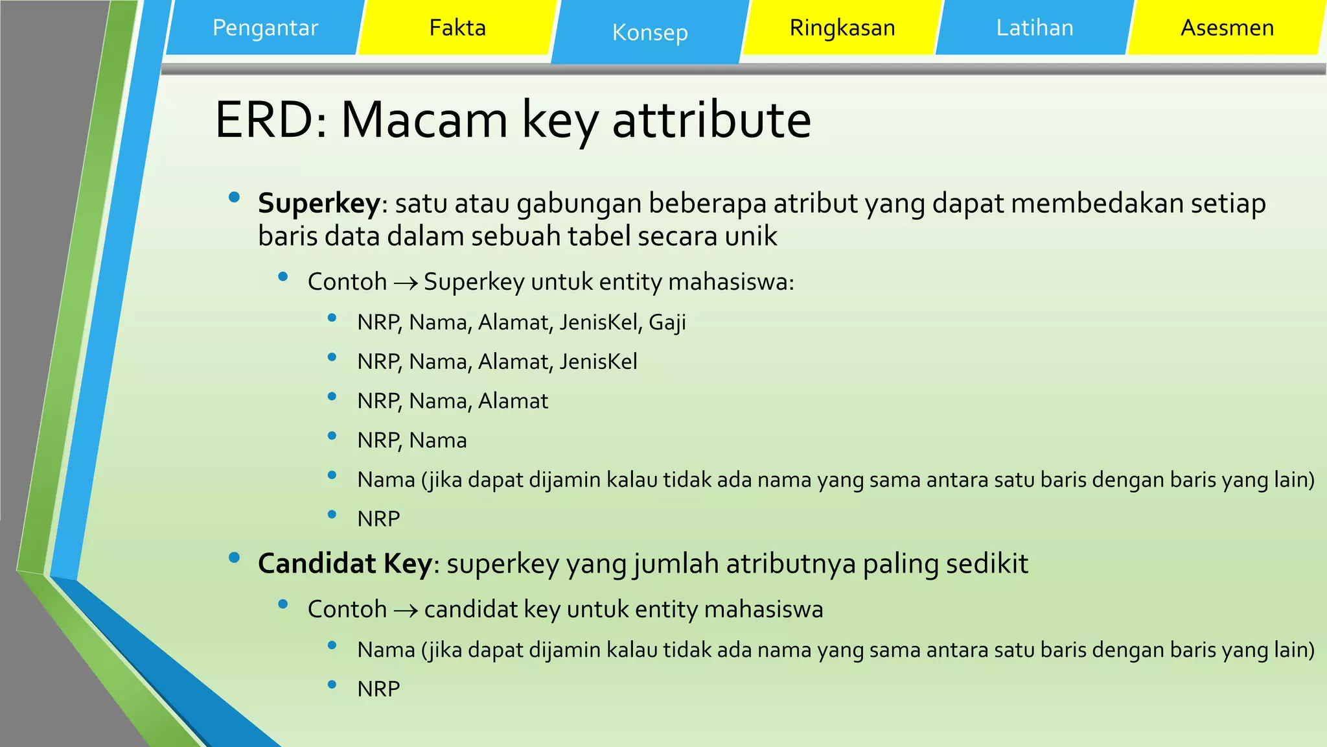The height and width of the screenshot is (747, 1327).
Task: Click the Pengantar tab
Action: (265, 28)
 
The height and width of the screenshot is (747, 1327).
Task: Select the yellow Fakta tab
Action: (457, 28)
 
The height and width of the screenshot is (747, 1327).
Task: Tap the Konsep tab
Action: (649, 32)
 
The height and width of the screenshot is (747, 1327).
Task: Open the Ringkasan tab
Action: (842, 28)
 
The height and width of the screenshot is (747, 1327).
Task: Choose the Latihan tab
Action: (1034, 28)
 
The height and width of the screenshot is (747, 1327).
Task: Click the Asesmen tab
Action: (1227, 28)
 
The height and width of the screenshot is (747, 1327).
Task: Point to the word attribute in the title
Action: (711, 120)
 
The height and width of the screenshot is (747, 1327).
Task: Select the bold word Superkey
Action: (319, 204)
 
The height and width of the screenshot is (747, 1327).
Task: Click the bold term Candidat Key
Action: (345, 563)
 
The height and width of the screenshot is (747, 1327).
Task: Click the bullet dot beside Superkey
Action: (235, 197)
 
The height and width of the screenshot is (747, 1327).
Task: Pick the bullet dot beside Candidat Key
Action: (235, 557)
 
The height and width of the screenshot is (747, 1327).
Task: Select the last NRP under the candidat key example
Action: (378, 689)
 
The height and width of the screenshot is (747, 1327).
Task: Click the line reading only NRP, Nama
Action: (411, 440)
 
